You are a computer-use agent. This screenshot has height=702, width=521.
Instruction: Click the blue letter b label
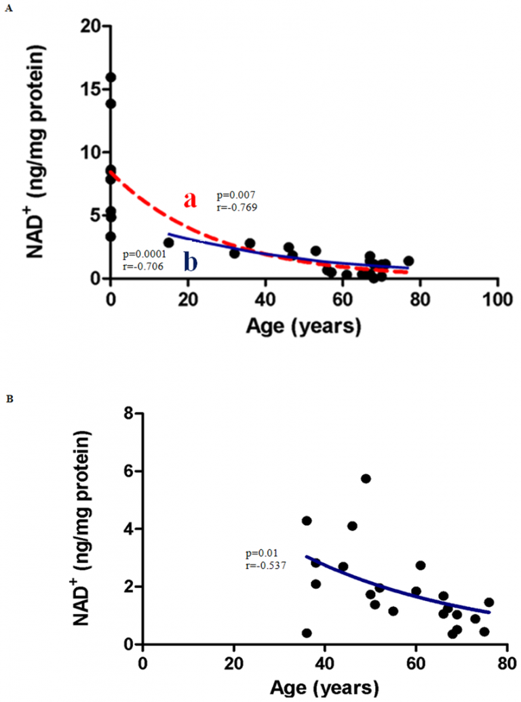click(191, 262)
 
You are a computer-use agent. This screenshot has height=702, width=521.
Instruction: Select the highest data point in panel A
click(111, 77)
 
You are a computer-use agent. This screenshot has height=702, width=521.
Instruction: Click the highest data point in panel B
click(366, 478)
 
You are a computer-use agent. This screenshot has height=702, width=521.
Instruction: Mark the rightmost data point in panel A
click(408, 261)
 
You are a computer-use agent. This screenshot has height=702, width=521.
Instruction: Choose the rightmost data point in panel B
click(488, 602)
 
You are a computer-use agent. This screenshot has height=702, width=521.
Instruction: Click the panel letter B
click(7, 400)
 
